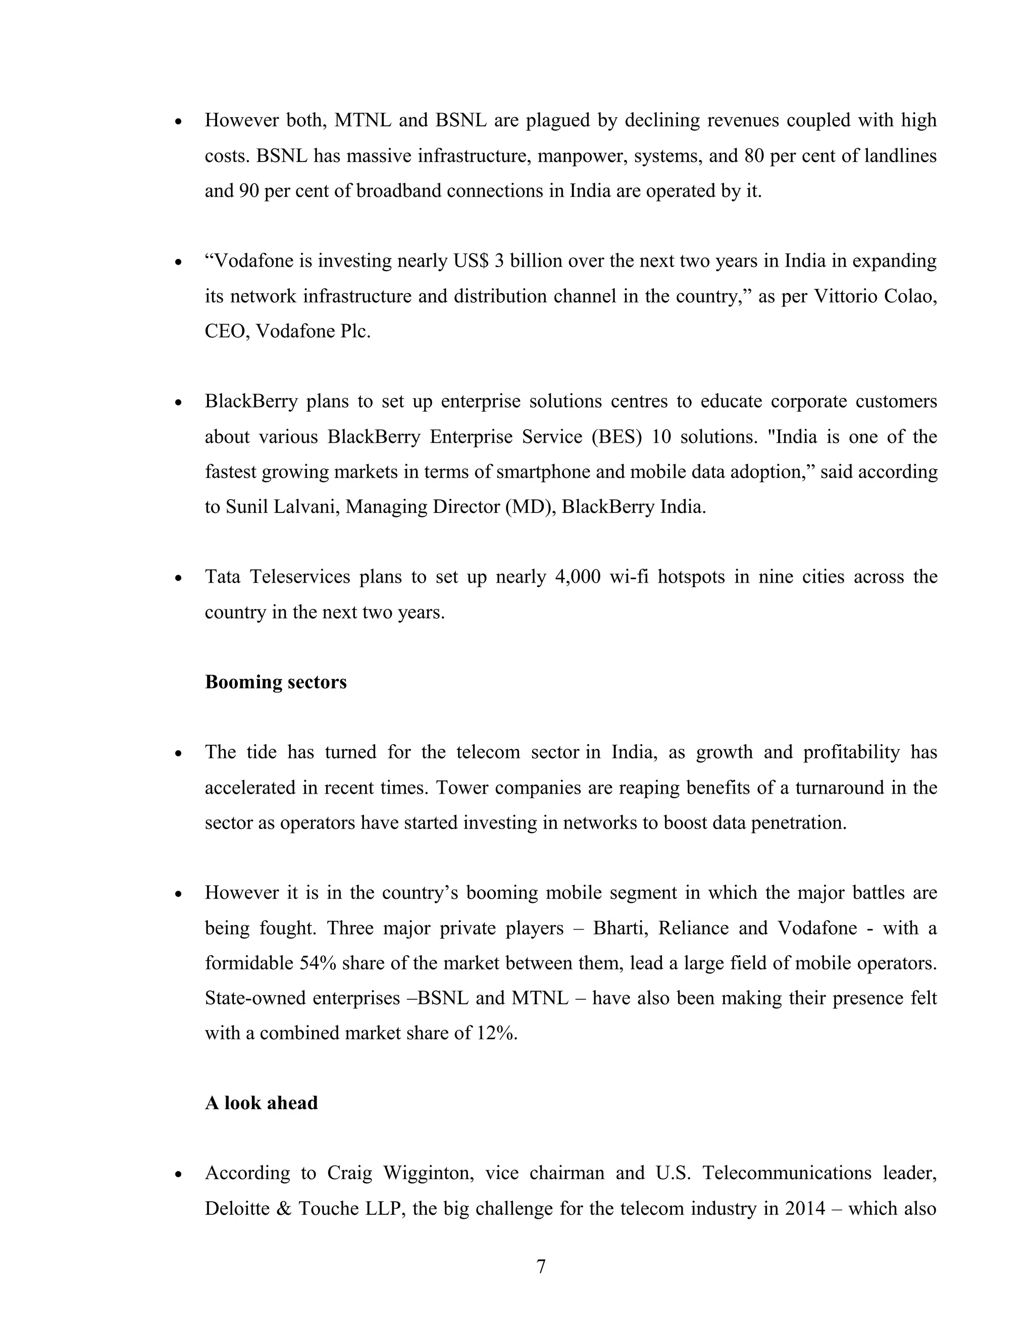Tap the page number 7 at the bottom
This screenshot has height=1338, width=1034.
click(541, 1266)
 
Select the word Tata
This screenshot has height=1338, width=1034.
click(222, 577)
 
